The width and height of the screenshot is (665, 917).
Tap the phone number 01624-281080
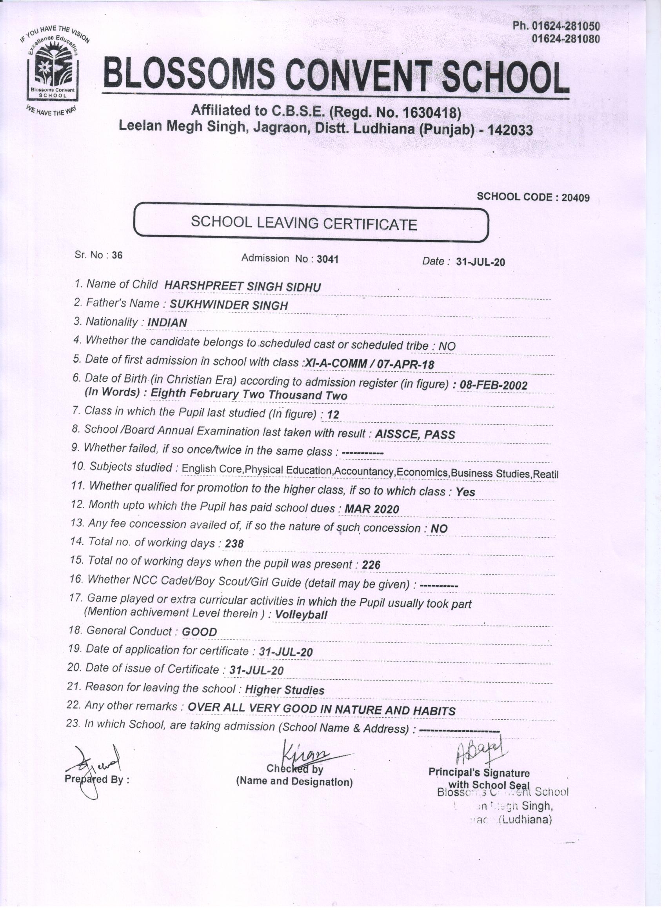[x=565, y=39]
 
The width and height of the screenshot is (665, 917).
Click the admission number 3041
[x=327, y=259]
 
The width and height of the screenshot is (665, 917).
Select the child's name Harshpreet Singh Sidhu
[x=243, y=287]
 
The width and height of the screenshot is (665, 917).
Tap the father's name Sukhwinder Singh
[x=229, y=305]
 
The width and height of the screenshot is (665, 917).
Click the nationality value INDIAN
[x=167, y=323]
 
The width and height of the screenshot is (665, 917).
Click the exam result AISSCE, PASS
[x=415, y=434]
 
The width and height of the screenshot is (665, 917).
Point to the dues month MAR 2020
[x=371, y=509]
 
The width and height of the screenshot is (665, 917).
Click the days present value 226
[x=371, y=565]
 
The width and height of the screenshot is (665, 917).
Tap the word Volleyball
[x=301, y=615]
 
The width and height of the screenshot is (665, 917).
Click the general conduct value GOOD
[x=199, y=632]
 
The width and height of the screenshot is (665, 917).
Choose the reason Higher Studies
[x=285, y=690]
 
